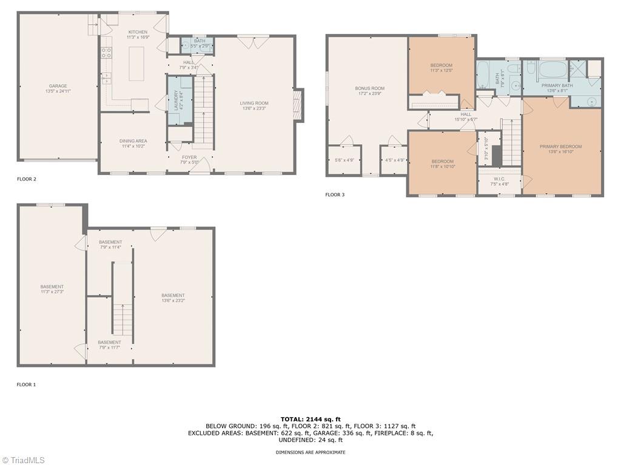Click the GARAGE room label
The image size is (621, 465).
(58, 86)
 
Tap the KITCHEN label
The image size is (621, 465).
(138, 32)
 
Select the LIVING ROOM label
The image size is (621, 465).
(253, 104)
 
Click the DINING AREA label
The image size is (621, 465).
(133, 141)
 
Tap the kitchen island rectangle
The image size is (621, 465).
(136, 64)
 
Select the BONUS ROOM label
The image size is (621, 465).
(369, 88)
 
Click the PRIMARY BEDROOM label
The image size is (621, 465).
(561, 147)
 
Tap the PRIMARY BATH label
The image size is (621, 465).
(557, 85)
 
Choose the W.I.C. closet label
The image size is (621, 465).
(500, 179)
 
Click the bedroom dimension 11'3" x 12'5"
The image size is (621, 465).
(441, 70)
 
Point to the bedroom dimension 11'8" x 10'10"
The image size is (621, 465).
(443, 167)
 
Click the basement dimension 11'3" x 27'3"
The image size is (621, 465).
(52, 292)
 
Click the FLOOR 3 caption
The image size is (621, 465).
(335, 195)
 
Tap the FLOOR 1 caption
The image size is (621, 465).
(26, 384)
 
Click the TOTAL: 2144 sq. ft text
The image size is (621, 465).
(310, 419)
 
